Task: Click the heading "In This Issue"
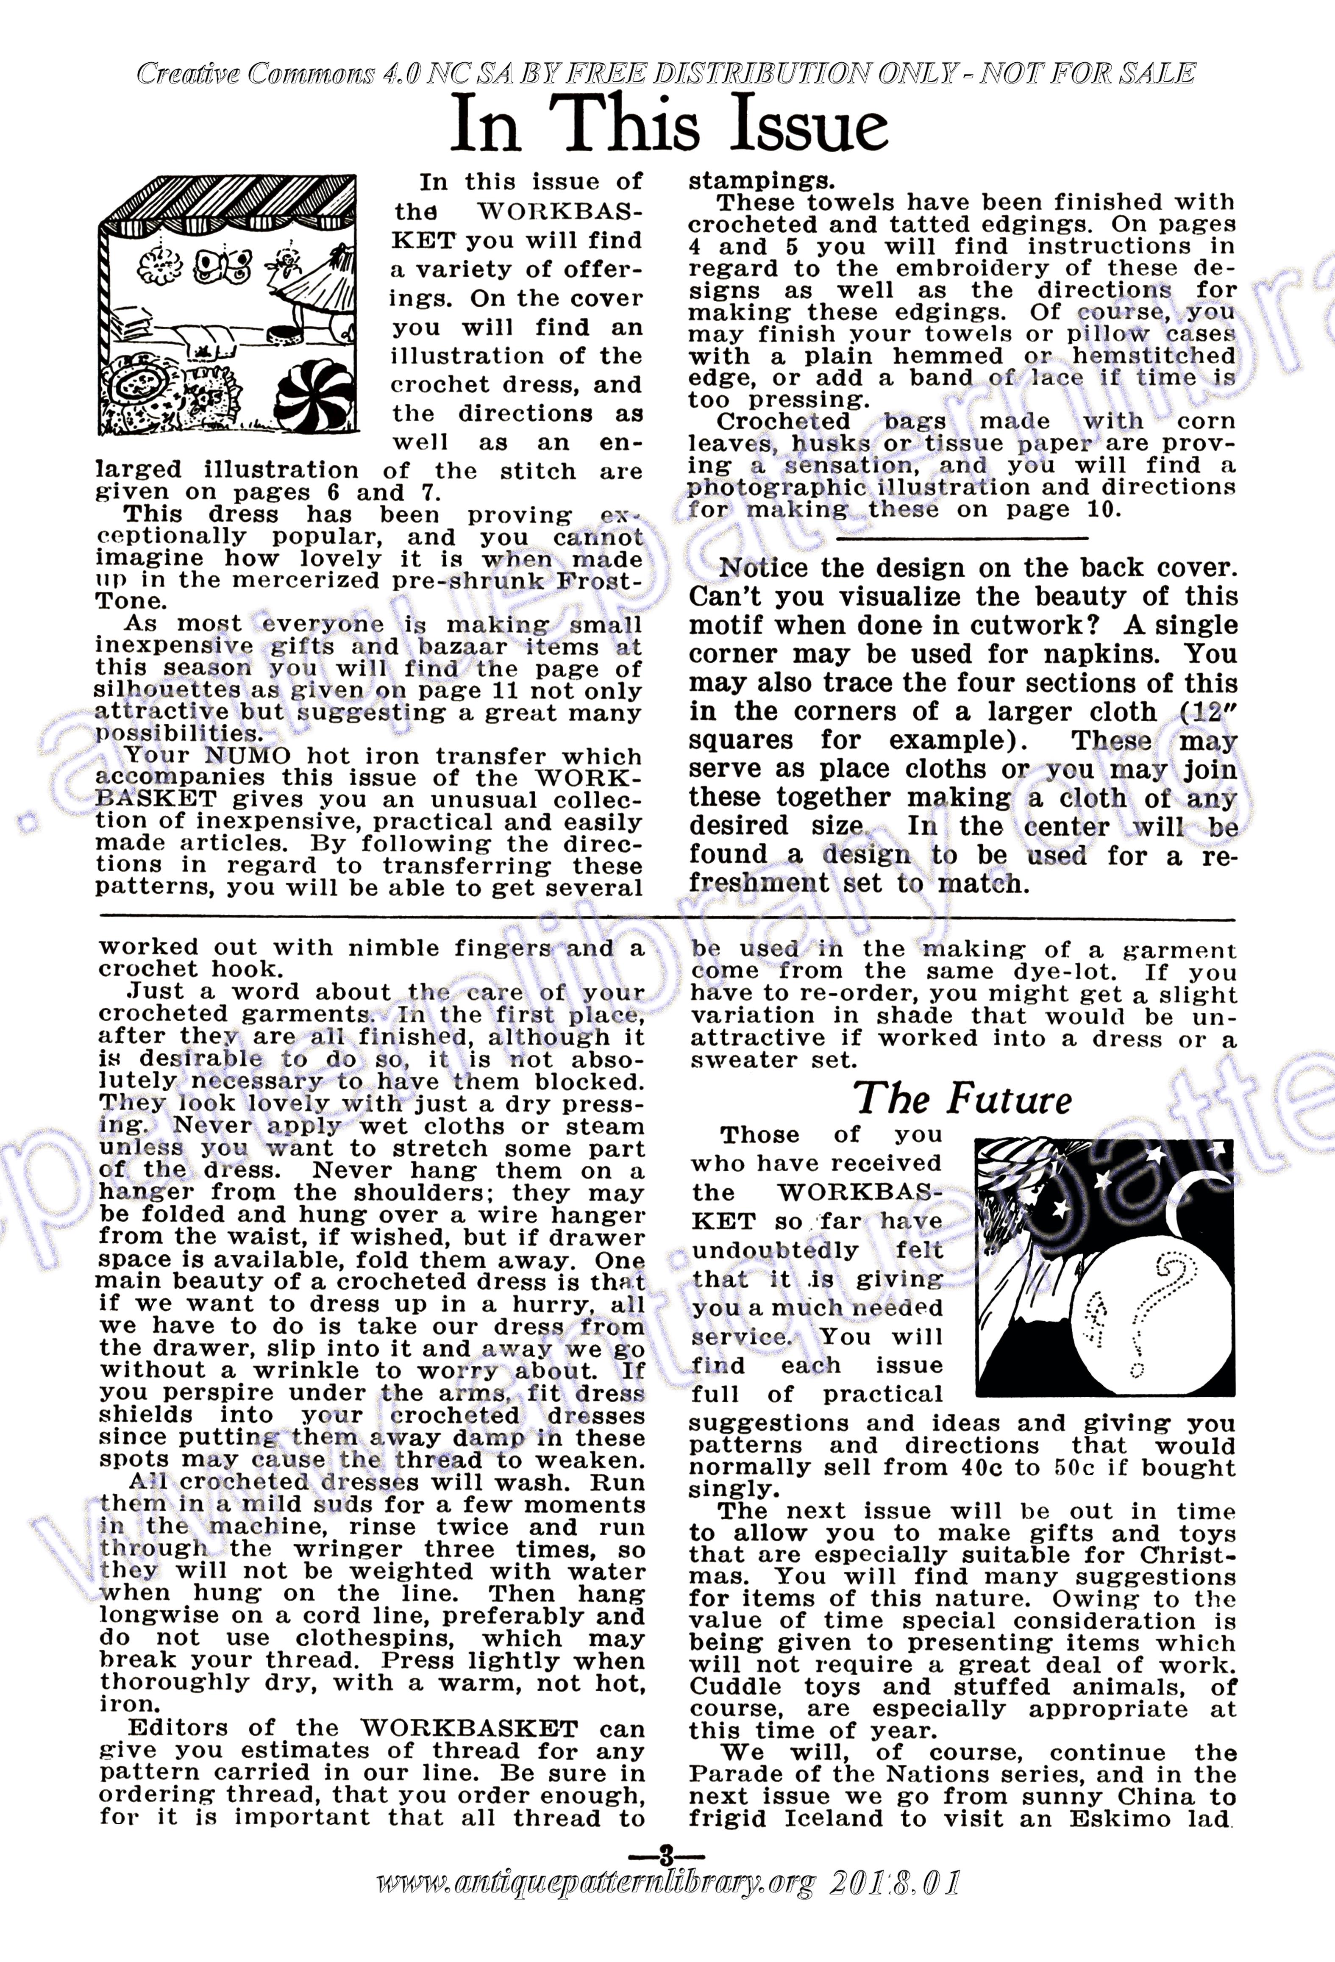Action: click(x=669, y=125)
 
